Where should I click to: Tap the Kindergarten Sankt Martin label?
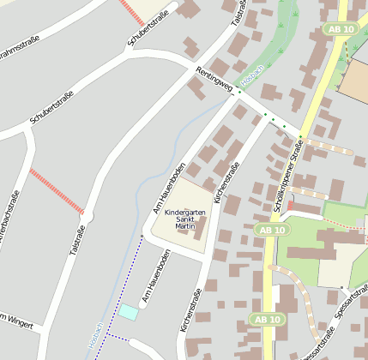[185, 219]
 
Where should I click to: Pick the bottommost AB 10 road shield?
[267, 320]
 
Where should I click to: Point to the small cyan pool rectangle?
[127, 312]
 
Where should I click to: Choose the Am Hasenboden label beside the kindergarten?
[169, 186]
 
